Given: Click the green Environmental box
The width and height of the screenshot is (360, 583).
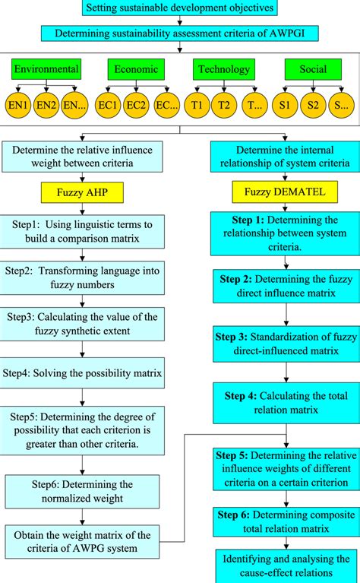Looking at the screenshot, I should point(47,70).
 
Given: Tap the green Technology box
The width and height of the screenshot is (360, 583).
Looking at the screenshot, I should point(223,70).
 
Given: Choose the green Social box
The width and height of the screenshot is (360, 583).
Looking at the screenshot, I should point(311,70).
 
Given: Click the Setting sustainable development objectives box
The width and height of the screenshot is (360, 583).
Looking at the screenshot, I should point(179,9).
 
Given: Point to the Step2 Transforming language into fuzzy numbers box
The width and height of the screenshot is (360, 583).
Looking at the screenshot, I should point(90,277).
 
